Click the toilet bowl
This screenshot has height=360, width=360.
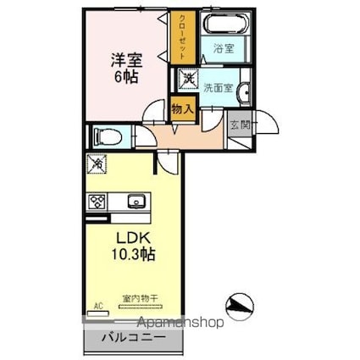pos(108,136)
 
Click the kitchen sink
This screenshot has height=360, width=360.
pos(136,202)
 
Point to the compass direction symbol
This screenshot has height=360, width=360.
pos(241,303)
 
